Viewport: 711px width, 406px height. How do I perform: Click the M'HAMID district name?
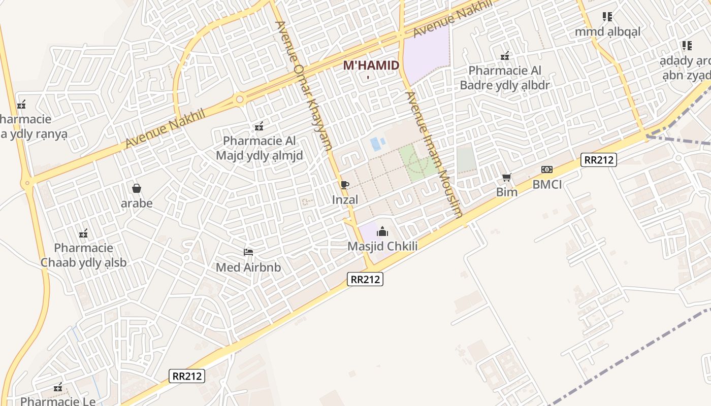click(371, 65)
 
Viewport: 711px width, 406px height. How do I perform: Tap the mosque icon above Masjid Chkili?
click(382, 232)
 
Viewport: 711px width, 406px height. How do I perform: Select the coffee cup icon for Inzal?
click(345, 185)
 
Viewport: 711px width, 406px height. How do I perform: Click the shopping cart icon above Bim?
click(506, 177)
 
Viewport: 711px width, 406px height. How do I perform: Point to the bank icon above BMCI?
click(547, 170)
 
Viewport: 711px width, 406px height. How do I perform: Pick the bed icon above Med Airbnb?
click(248, 252)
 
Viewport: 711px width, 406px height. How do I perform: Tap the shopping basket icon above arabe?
click(137, 189)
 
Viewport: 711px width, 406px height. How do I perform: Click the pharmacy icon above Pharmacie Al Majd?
click(259, 126)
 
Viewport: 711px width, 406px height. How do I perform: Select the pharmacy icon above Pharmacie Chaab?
click(84, 233)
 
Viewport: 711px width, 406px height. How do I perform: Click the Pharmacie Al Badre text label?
click(505, 78)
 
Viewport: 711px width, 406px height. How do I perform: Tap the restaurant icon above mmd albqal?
click(607, 17)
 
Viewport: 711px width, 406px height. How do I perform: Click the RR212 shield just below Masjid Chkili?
click(366, 279)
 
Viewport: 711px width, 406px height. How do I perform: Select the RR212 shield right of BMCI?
click(600, 160)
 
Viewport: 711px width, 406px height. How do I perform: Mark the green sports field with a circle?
click(417, 162)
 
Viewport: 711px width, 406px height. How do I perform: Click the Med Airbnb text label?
click(248, 267)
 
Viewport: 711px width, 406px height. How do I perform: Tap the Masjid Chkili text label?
click(382, 247)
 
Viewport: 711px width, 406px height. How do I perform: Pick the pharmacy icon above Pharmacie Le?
click(58, 388)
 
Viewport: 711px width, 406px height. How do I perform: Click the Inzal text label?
click(345, 200)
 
